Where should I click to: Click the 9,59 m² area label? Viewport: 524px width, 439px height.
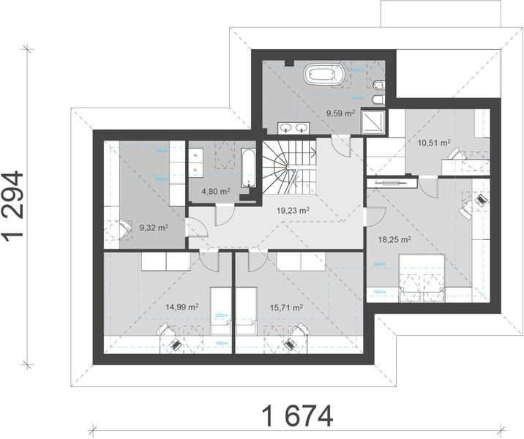point(340,113)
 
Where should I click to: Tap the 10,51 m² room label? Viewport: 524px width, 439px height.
point(434,143)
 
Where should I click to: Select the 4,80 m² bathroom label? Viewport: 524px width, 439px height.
point(216,192)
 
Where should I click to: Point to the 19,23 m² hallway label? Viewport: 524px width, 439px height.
point(293,209)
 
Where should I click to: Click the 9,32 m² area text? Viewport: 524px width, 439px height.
point(154,228)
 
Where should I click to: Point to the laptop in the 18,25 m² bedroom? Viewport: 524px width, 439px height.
point(479,197)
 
